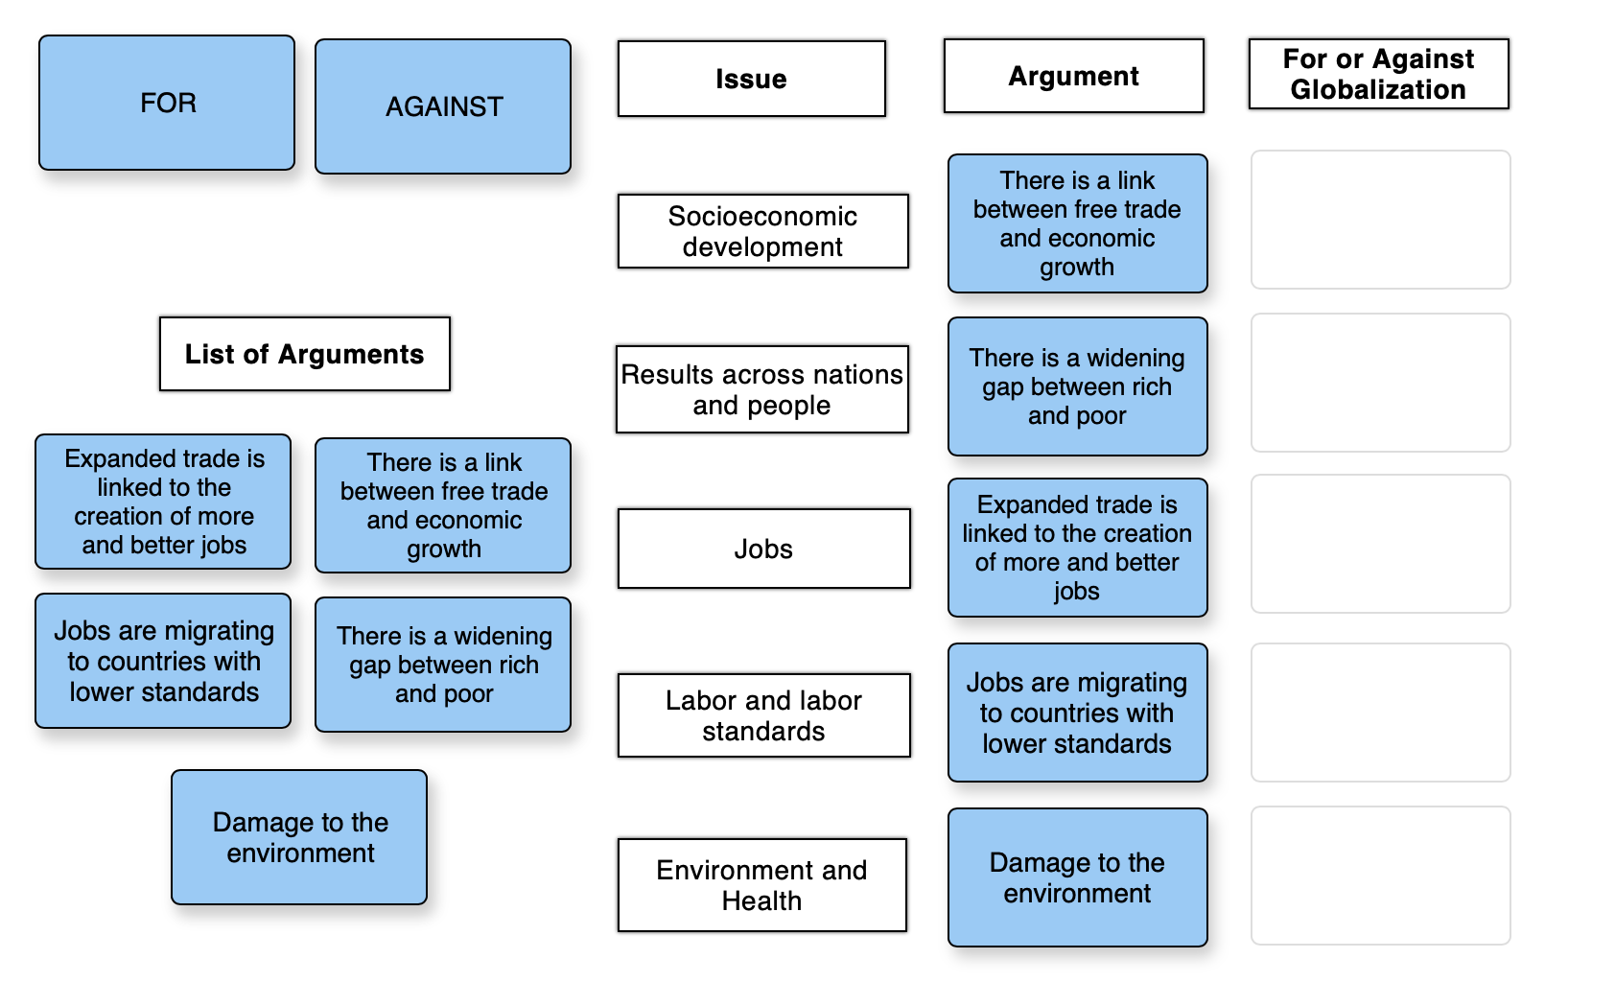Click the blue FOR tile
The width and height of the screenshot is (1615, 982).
[x=167, y=104]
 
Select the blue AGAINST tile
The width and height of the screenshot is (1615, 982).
[x=443, y=106]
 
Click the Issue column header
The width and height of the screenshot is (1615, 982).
[x=751, y=79]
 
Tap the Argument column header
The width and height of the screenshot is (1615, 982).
[x=1073, y=76]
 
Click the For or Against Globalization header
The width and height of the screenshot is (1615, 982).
[x=1378, y=74]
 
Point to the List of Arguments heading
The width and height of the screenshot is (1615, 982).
[x=304, y=354]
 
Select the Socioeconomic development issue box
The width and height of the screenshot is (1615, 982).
[x=762, y=231]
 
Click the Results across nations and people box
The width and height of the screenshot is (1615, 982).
[x=761, y=389]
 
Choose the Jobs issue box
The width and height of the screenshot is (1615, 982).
[x=763, y=549]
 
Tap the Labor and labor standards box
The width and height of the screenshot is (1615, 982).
[x=763, y=715]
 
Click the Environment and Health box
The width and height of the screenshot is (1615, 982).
[x=761, y=884]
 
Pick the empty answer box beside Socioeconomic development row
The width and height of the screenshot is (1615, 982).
[x=1380, y=220]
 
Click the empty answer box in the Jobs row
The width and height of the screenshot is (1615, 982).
[x=1380, y=544]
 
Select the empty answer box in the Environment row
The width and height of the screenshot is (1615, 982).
[x=1380, y=876]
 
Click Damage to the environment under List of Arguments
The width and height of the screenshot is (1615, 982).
[x=299, y=837]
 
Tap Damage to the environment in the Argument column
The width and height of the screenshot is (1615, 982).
[x=1077, y=877]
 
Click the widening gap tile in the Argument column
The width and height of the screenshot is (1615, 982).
[x=1077, y=386]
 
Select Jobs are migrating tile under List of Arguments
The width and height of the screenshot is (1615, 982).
[x=163, y=661]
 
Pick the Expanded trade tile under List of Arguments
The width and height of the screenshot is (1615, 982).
[x=163, y=502]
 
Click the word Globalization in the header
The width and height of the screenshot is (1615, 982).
[x=1377, y=90]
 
